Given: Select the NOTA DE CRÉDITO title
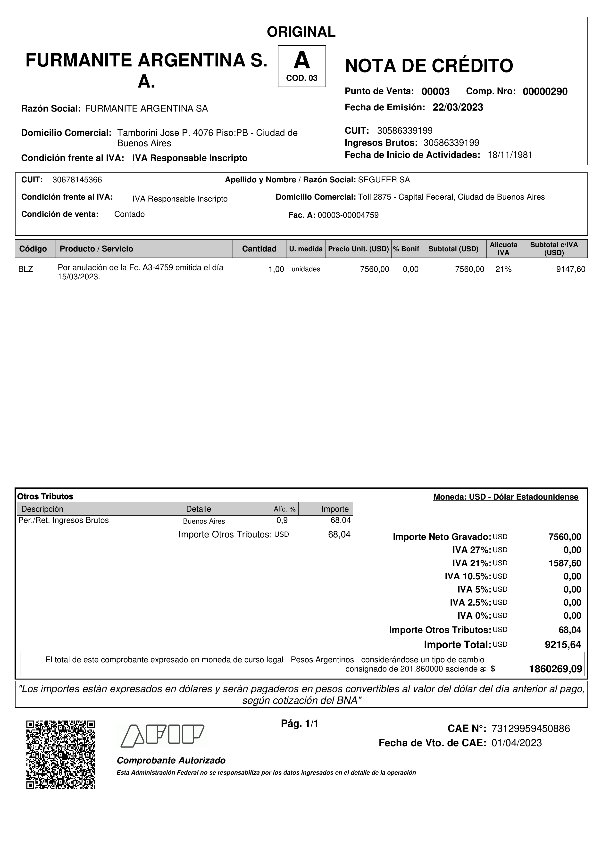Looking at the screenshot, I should click(x=429, y=66).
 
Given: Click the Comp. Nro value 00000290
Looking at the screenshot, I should click(x=545, y=91).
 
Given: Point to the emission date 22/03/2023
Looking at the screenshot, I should click(x=458, y=107).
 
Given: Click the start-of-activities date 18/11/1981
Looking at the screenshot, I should click(x=510, y=155).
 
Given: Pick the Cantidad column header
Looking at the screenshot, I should click(x=259, y=249).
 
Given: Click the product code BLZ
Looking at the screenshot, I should click(x=25, y=269).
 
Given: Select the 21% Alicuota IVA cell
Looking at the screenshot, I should click(x=503, y=269).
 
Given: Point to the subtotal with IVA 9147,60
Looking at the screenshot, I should click(x=570, y=269).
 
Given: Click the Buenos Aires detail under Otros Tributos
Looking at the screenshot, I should click(x=204, y=521).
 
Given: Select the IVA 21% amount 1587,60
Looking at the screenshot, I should click(x=565, y=563).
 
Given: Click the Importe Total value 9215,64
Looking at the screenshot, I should click(x=563, y=645).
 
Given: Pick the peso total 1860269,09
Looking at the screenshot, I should click(x=555, y=669).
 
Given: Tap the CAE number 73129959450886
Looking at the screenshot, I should click(x=530, y=729).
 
